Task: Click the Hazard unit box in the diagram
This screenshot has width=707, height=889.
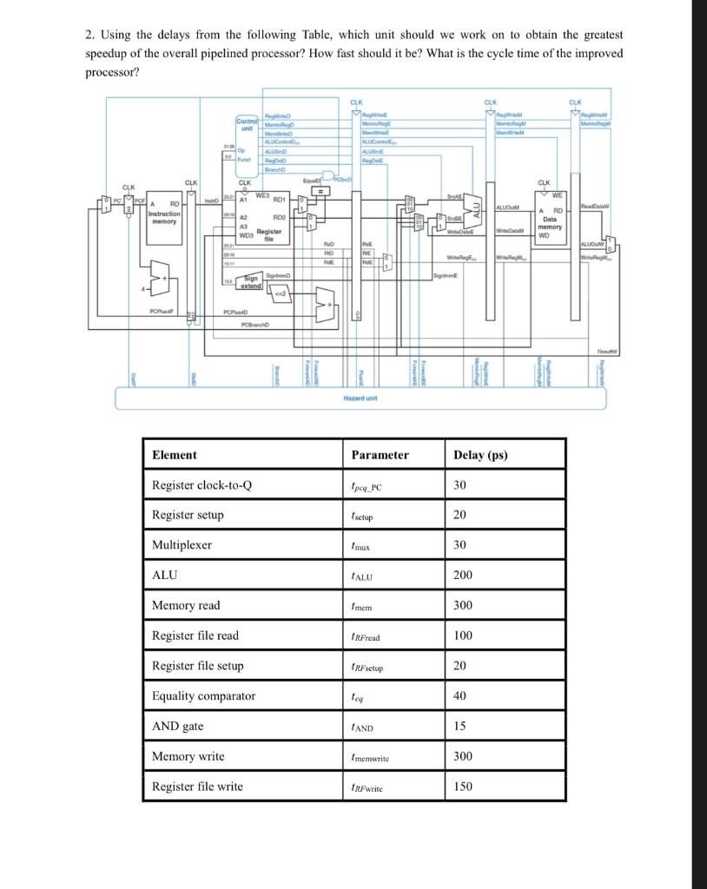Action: pyautogui.click(x=360, y=397)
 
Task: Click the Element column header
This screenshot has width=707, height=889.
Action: pyautogui.click(x=175, y=455)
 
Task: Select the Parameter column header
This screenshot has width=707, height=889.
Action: pyautogui.click(x=380, y=455)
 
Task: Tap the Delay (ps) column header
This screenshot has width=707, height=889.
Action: pyautogui.click(x=480, y=455)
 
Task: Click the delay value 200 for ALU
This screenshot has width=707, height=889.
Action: pyautogui.click(x=463, y=576)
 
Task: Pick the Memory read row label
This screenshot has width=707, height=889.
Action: pyautogui.click(x=186, y=605)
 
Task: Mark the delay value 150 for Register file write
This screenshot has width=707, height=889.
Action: pyautogui.click(x=463, y=787)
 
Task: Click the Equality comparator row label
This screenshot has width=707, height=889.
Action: pyautogui.click(x=203, y=695)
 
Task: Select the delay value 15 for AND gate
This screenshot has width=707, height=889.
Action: pyautogui.click(x=459, y=726)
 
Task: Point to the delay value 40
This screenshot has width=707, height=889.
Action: pyautogui.click(x=459, y=695)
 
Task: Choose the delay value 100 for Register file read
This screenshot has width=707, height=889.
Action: pyautogui.click(x=463, y=635)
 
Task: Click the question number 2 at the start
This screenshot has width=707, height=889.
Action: pyautogui.click(x=89, y=35)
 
